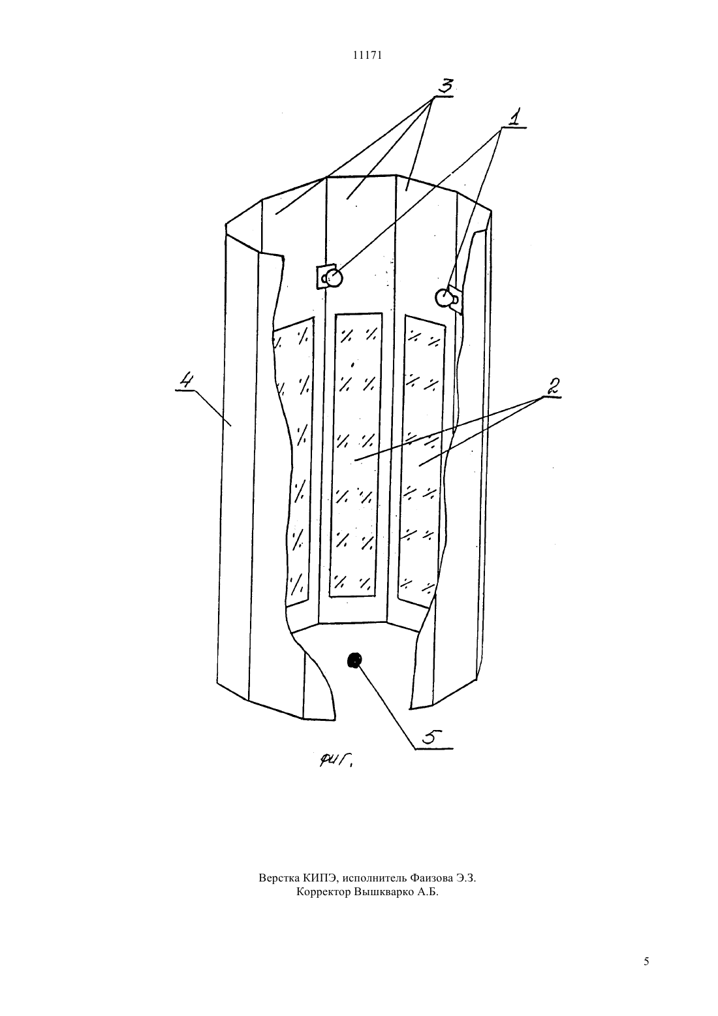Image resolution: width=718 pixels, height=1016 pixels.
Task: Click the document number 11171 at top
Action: (x=367, y=56)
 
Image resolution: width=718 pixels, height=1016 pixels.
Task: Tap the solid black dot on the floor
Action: (x=354, y=660)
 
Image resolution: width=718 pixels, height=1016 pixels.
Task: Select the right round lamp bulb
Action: (x=443, y=298)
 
